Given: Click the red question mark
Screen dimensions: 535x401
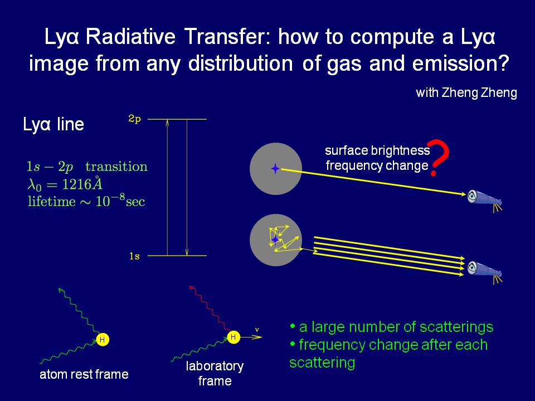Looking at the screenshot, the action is click(x=439, y=158).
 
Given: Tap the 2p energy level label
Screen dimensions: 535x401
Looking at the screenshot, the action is click(x=134, y=119).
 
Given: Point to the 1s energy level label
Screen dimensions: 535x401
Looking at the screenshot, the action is click(x=134, y=256).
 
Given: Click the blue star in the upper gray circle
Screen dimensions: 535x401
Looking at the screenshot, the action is click(x=275, y=168).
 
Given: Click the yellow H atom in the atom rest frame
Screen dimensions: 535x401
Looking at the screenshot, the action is click(x=103, y=340).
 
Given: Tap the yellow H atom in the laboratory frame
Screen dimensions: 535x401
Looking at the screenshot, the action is click(x=234, y=338).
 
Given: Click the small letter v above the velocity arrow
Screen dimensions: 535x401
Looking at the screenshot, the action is click(x=257, y=330).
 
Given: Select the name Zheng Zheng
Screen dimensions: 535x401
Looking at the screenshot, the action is click(x=479, y=93).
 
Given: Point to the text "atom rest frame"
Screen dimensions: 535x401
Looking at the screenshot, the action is click(x=84, y=374).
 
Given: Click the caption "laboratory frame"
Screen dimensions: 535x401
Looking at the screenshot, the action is click(x=215, y=373).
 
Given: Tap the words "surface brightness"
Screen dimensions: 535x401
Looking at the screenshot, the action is click(x=377, y=150).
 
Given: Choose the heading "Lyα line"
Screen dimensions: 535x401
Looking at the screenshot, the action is click(x=53, y=124).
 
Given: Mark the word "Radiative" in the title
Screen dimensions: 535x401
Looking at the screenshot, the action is click(x=130, y=37).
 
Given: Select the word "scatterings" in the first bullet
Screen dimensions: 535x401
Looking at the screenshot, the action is click(x=456, y=327).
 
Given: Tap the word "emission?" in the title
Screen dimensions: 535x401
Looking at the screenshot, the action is click(x=460, y=63).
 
